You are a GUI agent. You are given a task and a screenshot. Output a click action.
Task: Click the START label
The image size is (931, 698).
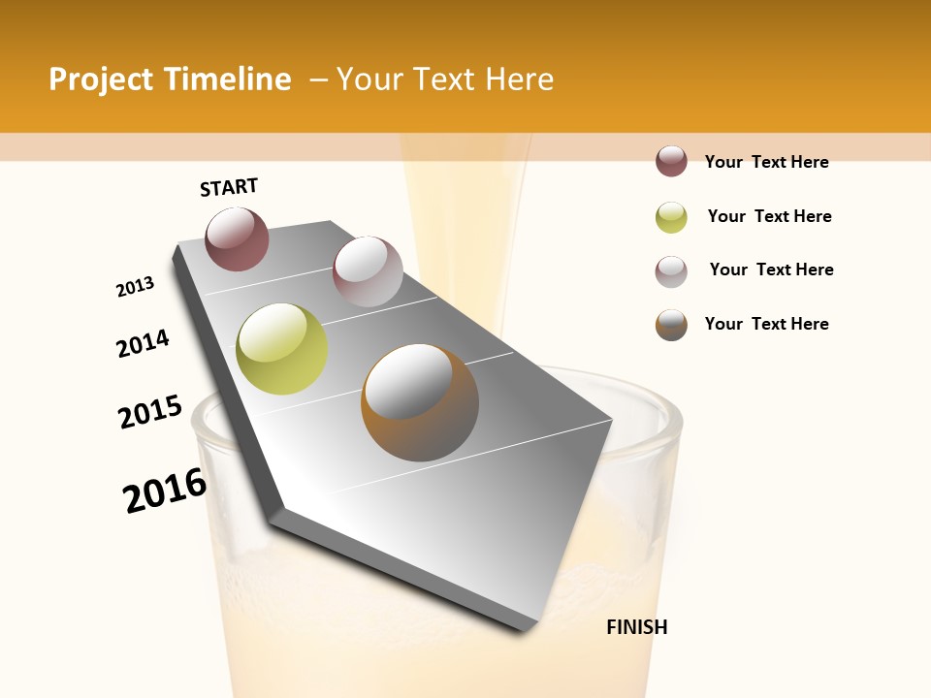[x=229, y=186]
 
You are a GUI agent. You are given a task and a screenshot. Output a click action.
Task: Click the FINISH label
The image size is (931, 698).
[x=636, y=627]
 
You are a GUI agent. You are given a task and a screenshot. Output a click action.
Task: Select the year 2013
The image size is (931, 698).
[x=135, y=287]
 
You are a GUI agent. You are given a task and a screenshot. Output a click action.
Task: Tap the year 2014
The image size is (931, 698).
[x=143, y=343]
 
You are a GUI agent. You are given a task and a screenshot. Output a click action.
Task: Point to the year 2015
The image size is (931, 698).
[x=150, y=412]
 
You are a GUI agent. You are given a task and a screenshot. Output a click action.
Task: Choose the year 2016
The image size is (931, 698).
[x=165, y=491]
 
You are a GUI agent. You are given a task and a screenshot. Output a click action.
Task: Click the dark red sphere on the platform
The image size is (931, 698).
[x=237, y=238]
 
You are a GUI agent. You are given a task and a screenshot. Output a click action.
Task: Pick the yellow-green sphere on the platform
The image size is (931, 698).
[x=281, y=349]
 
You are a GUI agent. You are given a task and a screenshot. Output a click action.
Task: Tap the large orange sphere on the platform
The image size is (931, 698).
[x=420, y=402]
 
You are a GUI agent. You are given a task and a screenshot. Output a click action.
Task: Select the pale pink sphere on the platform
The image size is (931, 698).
[x=368, y=271]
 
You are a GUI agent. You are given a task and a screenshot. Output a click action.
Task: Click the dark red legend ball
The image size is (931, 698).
[x=671, y=162]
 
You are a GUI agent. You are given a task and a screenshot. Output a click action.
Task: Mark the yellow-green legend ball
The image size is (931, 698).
[x=671, y=217]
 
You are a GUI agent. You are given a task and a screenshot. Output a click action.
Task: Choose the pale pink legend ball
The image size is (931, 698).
[x=671, y=271]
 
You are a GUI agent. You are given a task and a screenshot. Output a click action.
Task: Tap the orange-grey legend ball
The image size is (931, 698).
[x=671, y=325]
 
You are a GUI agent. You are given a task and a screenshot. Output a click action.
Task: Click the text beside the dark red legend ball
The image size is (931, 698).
[x=766, y=162]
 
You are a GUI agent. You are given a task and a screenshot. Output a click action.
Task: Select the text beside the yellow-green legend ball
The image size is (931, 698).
[x=769, y=216]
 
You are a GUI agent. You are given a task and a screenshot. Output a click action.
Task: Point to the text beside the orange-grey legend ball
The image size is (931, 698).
[x=766, y=324]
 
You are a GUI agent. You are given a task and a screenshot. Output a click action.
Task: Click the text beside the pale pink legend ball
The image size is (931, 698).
[x=771, y=270]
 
